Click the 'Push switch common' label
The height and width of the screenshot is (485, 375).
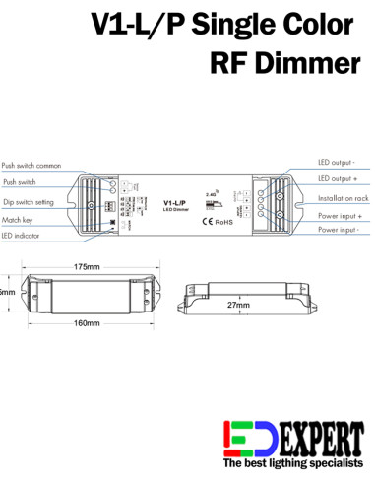31,167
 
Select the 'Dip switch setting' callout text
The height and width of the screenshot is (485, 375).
29,201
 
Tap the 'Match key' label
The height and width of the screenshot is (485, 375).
19,219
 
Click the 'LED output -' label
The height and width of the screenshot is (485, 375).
337,161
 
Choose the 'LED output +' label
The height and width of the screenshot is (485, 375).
338,178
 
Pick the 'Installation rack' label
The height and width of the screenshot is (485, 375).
341,197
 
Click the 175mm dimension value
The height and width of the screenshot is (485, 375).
88,267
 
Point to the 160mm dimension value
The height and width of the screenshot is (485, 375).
87,323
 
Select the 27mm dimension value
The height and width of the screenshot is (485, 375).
238,306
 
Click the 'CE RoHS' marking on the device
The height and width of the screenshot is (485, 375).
217,221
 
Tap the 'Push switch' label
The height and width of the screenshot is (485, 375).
20,182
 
